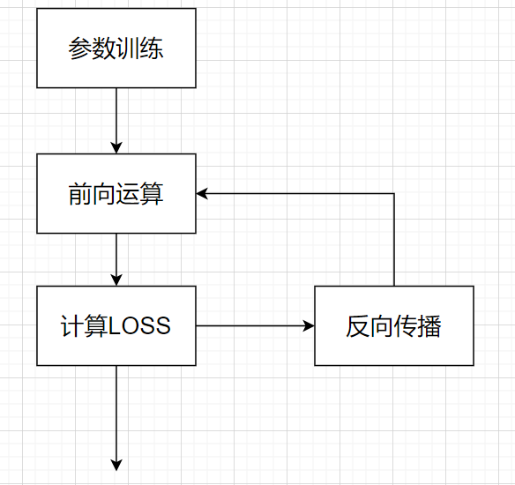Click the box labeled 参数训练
pyautogui.click(x=116, y=48)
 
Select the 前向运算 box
pyautogui.click(x=116, y=194)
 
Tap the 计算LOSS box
pyautogui.click(x=116, y=325)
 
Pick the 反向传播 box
pyautogui.click(x=394, y=325)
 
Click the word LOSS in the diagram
pyautogui.click(x=139, y=325)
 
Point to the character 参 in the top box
pyautogui.click(x=80, y=48)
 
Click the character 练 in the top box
pyautogui.click(x=152, y=48)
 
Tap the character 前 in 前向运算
pyautogui.click(x=80, y=194)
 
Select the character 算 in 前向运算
pyautogui.click(x=152, y=194)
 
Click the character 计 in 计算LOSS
pyautogui.click(x=72, y=325)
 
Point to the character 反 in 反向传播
pyautogui.click(x=358, y=326)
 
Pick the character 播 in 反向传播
pyautogui.click(x=429, y=326)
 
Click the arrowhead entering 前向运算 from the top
pyautogui.click(x=116, y=148)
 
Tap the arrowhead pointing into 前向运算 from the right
pyautogui.click(x=202, y=193)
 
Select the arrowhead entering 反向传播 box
pyautogui.click(x=309, y=325)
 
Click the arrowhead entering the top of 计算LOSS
pyautogui.click(x=116, y=280)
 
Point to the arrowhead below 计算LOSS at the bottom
pyautogui.click(x=116, y=465)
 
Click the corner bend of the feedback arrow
pyautogui.click(x=394, y=193)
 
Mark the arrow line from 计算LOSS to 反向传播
pyautogui.click(x=255, y=325)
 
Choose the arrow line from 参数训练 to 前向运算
pyautogui.click(x=116, y=121)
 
